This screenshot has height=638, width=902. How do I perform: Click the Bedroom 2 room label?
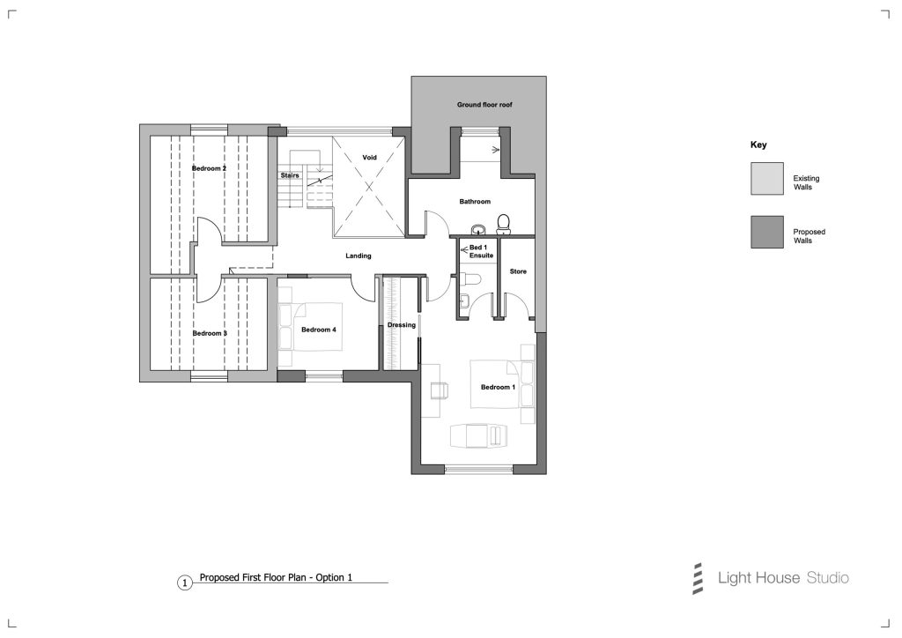(209, 168)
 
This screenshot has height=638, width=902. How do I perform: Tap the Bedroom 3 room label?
(210, 334)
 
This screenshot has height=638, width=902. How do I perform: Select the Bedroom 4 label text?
(319, 330)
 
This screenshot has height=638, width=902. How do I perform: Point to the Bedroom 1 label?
(499, 387)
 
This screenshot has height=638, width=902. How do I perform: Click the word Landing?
(359, 256)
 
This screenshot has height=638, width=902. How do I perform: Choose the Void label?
(369, 157)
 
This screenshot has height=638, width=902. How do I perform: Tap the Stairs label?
(290, 175)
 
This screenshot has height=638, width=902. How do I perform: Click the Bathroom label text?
(475, 201)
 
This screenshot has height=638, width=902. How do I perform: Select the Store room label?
(518, 271)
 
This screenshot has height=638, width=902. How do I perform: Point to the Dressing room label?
(402, 325)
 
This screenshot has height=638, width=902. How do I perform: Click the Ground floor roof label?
(484, 105)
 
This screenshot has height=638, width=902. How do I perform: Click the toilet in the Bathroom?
(503, 224)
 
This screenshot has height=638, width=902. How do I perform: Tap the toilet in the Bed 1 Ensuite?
(470, 279)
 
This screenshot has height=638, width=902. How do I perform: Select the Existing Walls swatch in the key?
(767, 178)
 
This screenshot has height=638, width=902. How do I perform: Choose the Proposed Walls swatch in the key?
(767, 232)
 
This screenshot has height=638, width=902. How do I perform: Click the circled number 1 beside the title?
(184, 583)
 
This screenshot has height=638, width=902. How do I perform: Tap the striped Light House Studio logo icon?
(698, 578)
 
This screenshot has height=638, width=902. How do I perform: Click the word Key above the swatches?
(758, 145)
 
